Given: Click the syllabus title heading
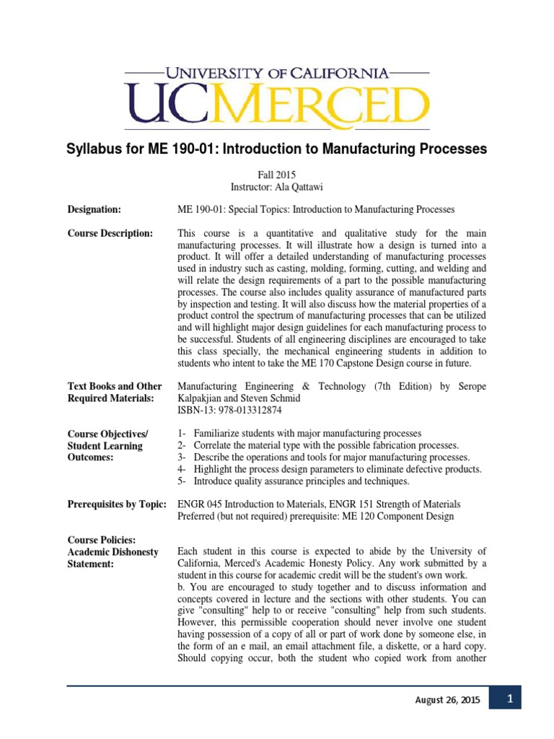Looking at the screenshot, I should (276, 149).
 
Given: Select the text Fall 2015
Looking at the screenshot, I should (276, 174).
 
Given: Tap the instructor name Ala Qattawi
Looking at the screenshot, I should (298, 186).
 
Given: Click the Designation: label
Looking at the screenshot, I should (94, 209).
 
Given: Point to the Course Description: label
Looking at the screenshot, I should (110, 233).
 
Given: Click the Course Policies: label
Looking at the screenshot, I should (101, 539).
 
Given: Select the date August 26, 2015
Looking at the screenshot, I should (447, 700).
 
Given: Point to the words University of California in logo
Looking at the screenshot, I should (276, 73).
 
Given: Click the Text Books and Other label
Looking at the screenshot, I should (115, 386).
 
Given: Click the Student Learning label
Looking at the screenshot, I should (105, 445).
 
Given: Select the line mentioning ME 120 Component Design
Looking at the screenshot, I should (315, 516).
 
